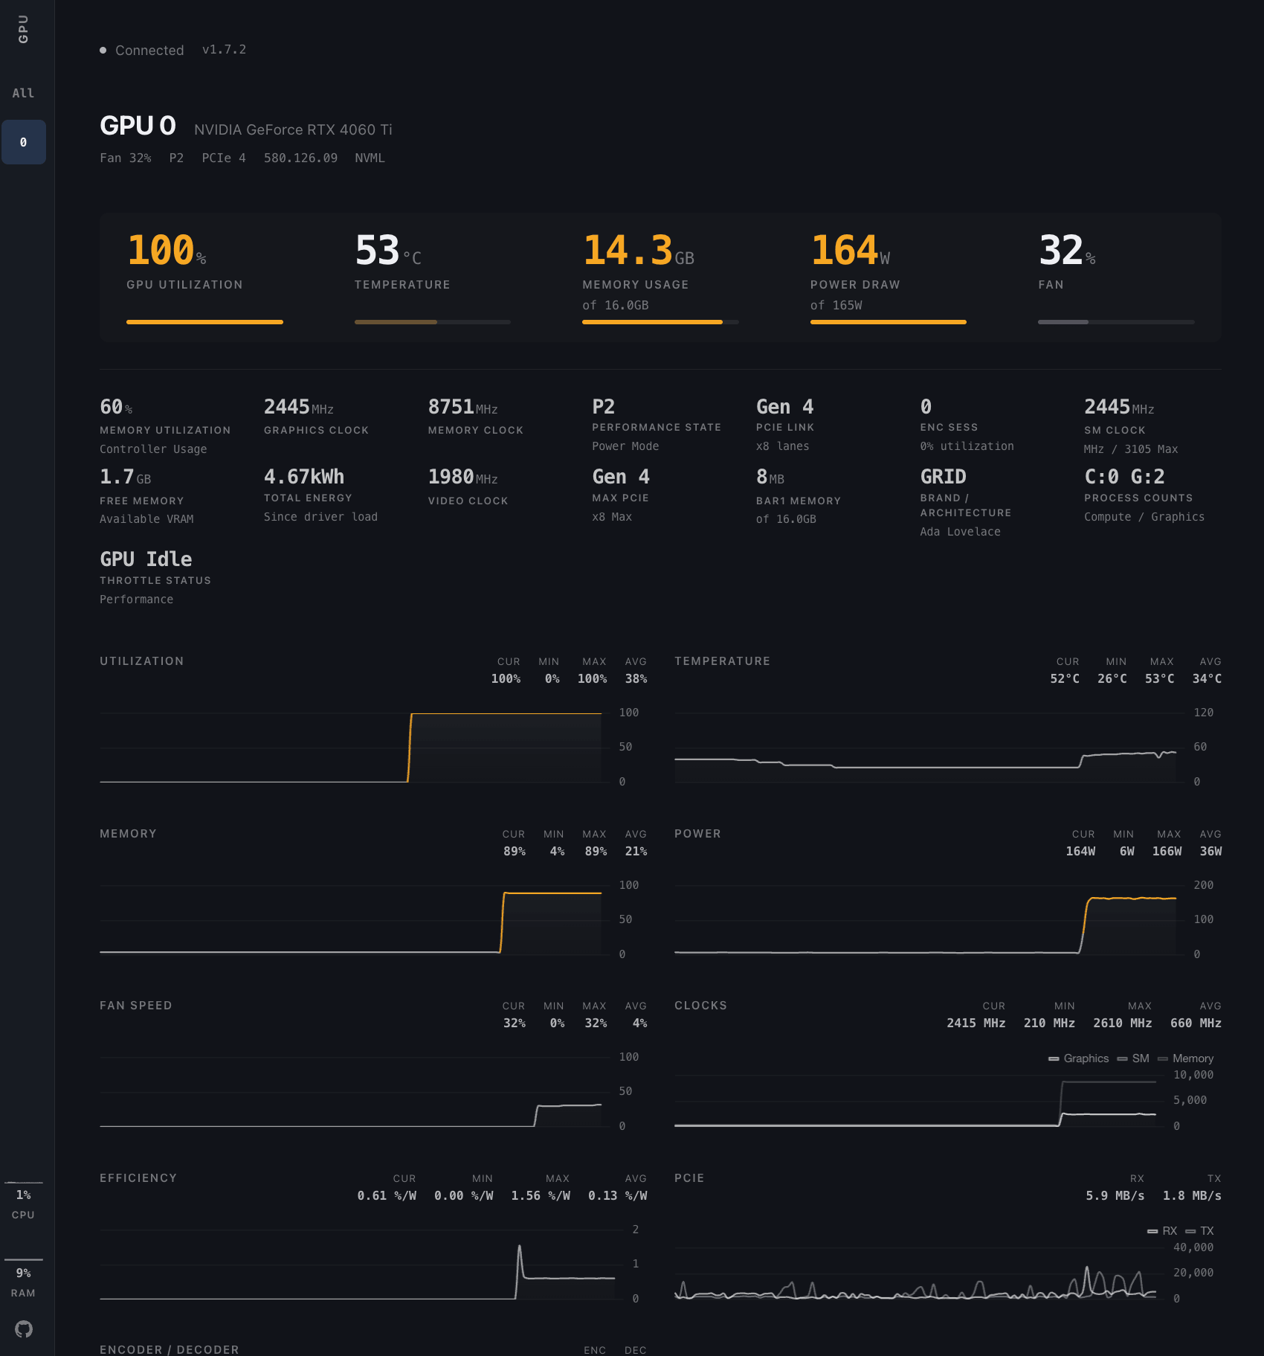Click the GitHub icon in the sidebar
click(x=24, y=1328)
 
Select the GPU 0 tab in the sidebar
click(x=24, y=142)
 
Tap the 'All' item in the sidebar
click(x=23, y=93)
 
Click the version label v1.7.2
click(x=224, y=49)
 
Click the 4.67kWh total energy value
click(x=303, y=476)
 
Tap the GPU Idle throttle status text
click(x=146, y=559)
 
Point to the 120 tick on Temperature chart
click(x=1203, y=713)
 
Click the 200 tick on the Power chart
click(x=1203, y=885)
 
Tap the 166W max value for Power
click(x=1167, y=851)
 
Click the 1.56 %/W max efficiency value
click(x=540, y=1195)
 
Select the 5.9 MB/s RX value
click(x=1115, y=1195)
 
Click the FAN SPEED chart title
click(x=136, y=1005)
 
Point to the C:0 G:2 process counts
click(x=1124, y=476)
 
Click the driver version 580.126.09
click(x=300, y=158)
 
